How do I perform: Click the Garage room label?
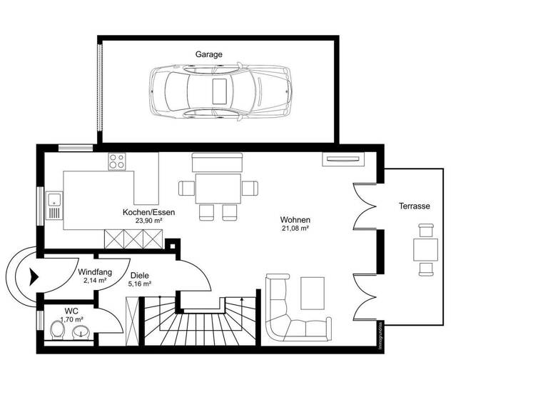click(x=209, y=54)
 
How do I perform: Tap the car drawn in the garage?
click(x=220, y=92)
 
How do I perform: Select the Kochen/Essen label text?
click(x=148, y=212)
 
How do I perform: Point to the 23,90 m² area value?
click(x=150, y=221)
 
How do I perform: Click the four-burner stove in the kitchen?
click(x=116, y=161)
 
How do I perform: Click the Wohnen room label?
click(x=295, y=220)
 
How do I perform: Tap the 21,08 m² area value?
click(x=295, y=229)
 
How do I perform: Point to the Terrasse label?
click(x=414, y=206)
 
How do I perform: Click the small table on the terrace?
click(x=426, y=249)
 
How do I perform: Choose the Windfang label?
click(x=94, y=272)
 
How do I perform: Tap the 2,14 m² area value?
click(x=94, y=281)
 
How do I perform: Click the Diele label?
click(x=139, y=275)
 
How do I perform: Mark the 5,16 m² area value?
click(x=139, y=284)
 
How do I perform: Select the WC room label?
click(x=71, y=311)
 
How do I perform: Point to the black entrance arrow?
click(x=32, y=276)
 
